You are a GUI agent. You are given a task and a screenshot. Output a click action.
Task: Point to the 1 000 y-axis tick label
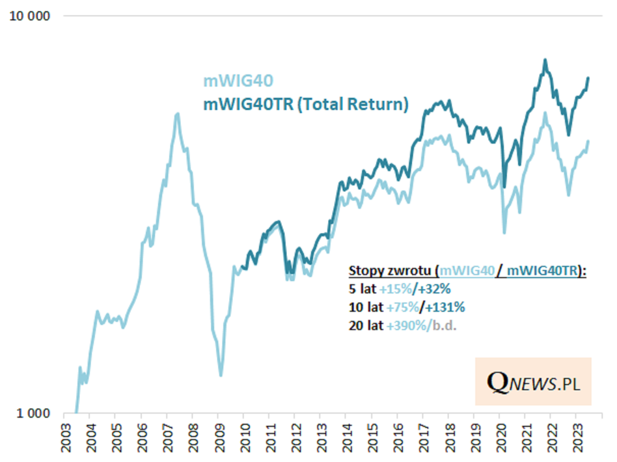(33, 413)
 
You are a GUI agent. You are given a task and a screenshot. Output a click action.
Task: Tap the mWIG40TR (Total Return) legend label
(306, 104)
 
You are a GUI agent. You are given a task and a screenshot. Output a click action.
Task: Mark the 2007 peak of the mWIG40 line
(177, 115)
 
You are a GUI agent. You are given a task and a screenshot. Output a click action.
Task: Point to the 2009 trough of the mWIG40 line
(221, 375)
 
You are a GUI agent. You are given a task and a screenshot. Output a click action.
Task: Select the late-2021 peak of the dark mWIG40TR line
(545, 61)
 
